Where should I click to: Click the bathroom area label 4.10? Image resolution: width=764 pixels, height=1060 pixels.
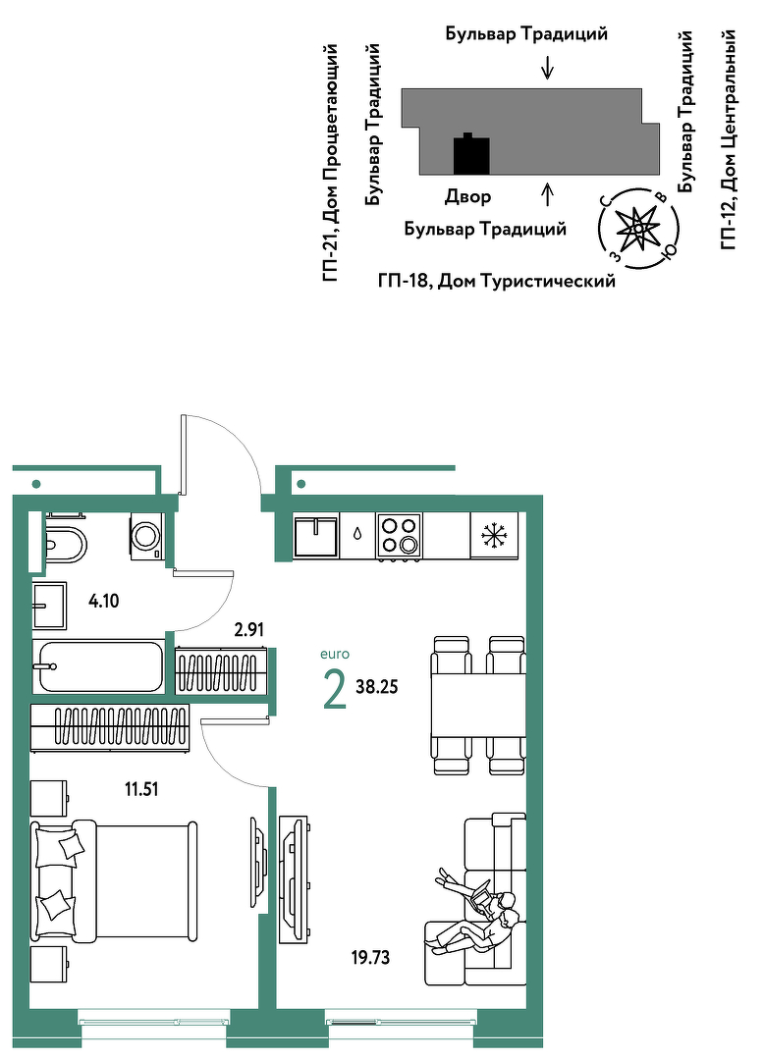click(104, 601)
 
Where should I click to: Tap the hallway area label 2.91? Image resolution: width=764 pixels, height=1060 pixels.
click(248, 630)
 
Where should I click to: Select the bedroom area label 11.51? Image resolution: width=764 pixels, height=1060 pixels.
click(141, 789)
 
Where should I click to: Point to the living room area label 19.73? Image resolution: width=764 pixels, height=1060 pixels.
click(370, 957)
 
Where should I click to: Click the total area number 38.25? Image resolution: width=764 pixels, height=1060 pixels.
click(376, 687)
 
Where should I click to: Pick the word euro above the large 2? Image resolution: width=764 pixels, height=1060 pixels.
click(335, 655)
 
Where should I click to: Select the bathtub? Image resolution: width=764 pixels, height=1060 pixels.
click(98, 665)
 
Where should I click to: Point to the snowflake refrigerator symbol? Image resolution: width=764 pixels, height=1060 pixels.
click(494, 536)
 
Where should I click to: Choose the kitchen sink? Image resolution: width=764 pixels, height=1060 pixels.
click(316, 536)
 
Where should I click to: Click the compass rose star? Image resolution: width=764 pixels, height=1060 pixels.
click(637, 229)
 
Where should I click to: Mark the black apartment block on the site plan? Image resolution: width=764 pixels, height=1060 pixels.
click(470, 154)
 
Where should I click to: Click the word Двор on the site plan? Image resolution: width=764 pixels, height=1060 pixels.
click(467, 196)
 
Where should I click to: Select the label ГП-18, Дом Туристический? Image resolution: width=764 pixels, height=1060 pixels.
click(497, 281)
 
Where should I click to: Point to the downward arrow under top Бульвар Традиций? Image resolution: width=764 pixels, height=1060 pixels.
click(548, 67)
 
